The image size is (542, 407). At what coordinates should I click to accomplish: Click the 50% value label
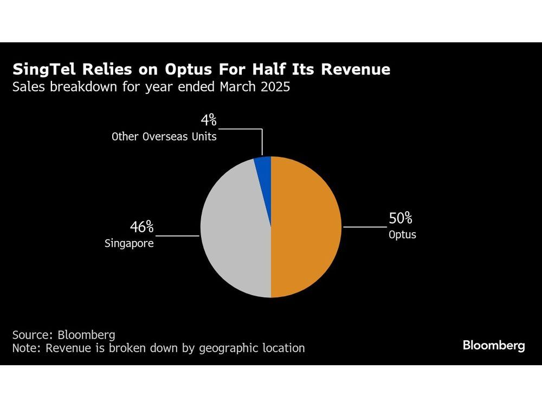(401, 219)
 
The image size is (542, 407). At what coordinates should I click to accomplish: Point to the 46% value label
(141, 227)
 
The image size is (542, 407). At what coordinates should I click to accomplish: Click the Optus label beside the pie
(402, 236)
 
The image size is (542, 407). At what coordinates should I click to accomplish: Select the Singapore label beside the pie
(129, 244)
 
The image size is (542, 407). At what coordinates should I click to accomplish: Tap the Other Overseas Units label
(164, 137)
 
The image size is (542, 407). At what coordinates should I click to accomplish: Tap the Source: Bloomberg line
(63, 335)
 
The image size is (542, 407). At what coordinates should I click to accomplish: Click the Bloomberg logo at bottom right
(494, 346)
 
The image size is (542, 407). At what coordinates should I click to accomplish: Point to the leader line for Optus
(364, 227)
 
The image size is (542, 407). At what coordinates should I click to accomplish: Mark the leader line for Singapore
(178, 236)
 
